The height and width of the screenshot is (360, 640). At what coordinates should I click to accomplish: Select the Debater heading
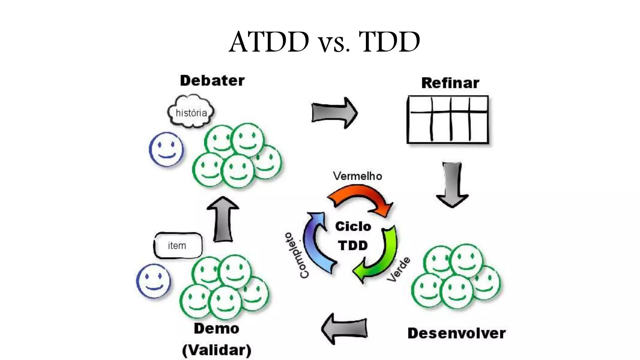point(212,81)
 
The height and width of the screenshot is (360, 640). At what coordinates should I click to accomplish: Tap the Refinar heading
point(450,83)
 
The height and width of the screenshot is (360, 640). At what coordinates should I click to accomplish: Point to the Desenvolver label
point(456,333)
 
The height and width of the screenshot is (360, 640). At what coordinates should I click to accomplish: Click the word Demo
point(217,329)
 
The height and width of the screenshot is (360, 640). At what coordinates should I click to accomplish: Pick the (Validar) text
point(217,350)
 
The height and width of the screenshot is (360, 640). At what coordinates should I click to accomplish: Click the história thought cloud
point(191,112)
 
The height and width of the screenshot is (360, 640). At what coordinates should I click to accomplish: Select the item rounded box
point(177,246)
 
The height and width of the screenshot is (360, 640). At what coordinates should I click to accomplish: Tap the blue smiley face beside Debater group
point(166,149)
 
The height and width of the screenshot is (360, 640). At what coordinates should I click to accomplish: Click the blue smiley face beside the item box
point(153,281)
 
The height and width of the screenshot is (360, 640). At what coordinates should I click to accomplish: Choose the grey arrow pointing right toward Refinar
point(334,113)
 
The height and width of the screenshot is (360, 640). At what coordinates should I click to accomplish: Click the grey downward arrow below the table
point(452,184)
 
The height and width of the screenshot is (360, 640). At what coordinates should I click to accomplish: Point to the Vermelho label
point(357,176)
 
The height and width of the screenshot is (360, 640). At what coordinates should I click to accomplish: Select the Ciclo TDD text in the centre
point(353,236)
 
